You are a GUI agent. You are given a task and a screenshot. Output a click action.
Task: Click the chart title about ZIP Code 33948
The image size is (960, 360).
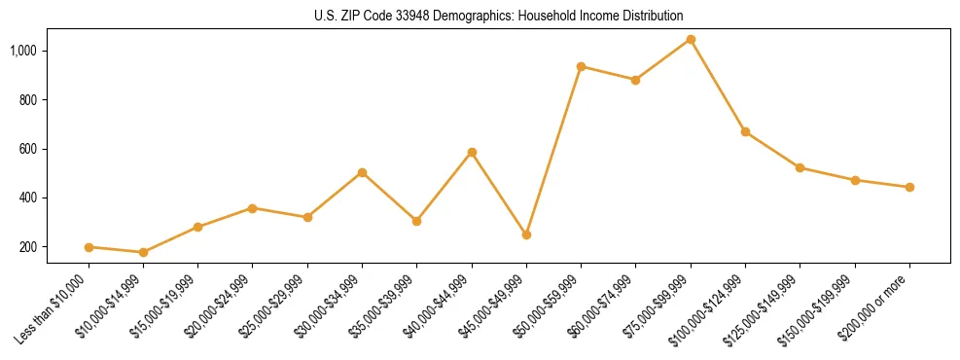pyautogui.click(x=499, y=16)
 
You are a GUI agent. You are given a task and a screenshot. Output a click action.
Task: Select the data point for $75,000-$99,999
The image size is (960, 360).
pyautogui.click(x=691, y=40)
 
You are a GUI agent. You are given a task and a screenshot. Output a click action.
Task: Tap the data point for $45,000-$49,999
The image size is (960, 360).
pyautogui.click(x=526, y=234)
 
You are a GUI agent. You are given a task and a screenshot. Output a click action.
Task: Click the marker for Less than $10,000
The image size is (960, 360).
pyautogui.click(x=89, y=247)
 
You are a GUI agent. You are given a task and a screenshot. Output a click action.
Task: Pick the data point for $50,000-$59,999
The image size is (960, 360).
pyautogui.click(x=581, y=66)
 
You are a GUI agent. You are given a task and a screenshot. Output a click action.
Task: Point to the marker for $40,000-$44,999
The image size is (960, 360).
pyautogui.click(x=472, y=152)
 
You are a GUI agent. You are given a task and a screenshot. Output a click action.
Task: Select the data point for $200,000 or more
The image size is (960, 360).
pyautogui.click(x=909, y=187)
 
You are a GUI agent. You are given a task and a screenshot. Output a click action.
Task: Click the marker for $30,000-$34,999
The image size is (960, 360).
pyautogui.click(x=362, y=172)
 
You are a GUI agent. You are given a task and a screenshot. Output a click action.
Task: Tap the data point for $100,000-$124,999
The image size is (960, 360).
pyautogui.click(x=745, y=131)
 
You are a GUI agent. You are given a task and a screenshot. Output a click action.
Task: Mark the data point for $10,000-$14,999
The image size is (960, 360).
pyautogui.click(x=143, y=252)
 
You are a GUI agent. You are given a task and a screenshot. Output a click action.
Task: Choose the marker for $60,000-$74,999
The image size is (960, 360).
pyautogui.click(x=635, y=80)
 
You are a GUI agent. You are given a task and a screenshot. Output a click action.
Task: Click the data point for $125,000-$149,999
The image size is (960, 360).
pyautogui.click(x=800, y=167)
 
